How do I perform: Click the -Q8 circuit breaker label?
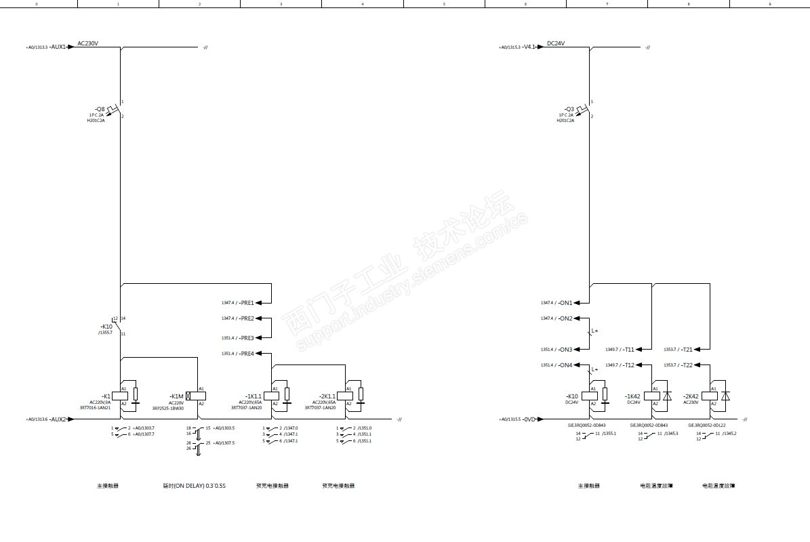(x=100, y=109)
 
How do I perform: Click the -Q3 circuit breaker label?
(x=569, y=109)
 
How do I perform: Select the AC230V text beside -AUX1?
(x=88, y=43)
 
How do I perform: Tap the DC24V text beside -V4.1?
(x=556, y=43)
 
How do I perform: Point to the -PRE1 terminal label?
(x=247, y=303)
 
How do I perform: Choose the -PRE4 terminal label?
(x=247, y=354)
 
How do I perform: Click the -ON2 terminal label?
(x=565, y=318)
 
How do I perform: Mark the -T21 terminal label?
(x=687, y=350)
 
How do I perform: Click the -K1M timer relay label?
(x=176, y=396)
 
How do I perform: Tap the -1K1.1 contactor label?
(x=253, y=396)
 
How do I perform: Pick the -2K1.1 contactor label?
(x=327, y=396)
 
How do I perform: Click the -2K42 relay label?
(x=691, y=396)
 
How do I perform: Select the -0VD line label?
(x=529, y=419)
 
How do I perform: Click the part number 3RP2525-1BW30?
(x=168, y=409)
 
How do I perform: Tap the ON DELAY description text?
(x=195, y=486)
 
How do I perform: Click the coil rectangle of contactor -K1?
(x=120, y=396)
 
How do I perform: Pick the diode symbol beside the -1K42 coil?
(x=667, y=396)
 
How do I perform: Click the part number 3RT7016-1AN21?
(x=95, y=408)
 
